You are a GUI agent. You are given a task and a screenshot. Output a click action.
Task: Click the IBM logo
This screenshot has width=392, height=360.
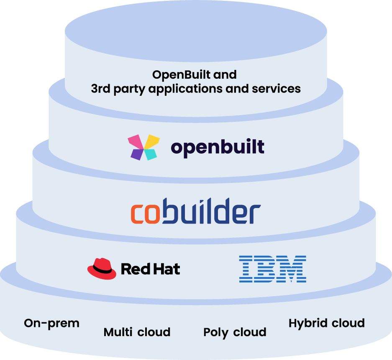point(272,269)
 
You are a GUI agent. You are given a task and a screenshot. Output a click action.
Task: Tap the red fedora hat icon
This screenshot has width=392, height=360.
point(102,268)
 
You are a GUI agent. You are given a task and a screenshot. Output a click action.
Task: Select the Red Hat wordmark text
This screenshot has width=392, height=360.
point(150,269)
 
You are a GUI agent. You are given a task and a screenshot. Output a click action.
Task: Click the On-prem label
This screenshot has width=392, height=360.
point(51,323)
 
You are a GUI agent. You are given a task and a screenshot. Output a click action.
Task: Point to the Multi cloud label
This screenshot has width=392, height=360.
point(137,332)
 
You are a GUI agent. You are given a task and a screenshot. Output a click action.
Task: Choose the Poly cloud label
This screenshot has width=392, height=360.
point(235,332)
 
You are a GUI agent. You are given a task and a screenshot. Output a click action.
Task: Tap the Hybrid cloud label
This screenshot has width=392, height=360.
point(326,323)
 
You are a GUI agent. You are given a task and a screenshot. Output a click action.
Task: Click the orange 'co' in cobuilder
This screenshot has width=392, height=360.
point(145,213)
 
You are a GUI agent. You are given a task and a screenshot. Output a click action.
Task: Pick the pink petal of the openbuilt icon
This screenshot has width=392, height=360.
point(136,142)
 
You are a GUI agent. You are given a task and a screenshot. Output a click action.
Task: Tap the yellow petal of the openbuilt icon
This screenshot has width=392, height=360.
point(152,141)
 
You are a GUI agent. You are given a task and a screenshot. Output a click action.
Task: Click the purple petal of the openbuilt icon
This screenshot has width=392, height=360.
point(137,154)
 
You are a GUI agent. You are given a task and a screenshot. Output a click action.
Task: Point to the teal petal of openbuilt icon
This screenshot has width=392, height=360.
point(151,154)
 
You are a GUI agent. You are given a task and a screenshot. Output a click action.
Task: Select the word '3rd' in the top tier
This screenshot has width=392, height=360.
point(100,88)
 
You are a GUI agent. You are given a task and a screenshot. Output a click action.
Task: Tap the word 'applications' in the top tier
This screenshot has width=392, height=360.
point(185,89)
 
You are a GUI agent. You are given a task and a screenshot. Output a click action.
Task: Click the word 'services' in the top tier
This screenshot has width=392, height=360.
point(276,89)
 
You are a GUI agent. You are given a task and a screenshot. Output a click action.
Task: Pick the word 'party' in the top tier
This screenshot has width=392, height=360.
point(129,89)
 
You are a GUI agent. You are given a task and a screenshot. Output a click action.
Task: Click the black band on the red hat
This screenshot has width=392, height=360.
point(102,270)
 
